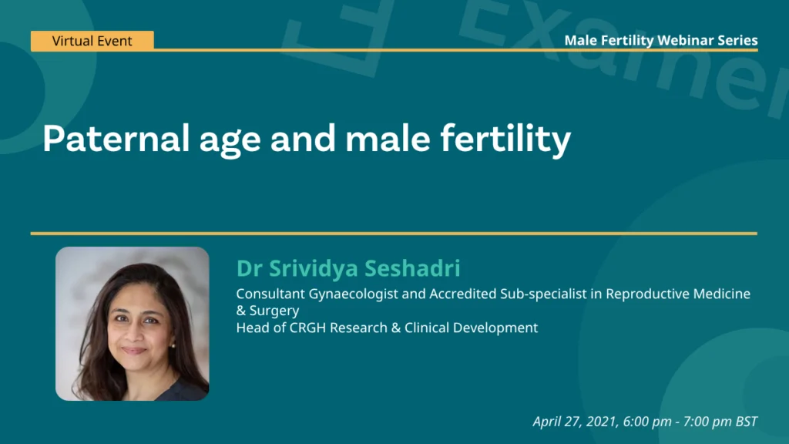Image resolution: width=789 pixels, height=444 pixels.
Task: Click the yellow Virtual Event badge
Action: [92, 41]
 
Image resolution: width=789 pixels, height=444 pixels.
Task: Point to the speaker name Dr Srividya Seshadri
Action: [348, 268]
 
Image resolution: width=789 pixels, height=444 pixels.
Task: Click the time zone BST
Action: [745, 422]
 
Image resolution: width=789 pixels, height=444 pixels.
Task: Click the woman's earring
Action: [173, 346]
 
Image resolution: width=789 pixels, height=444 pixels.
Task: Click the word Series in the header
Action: [736, 40]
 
